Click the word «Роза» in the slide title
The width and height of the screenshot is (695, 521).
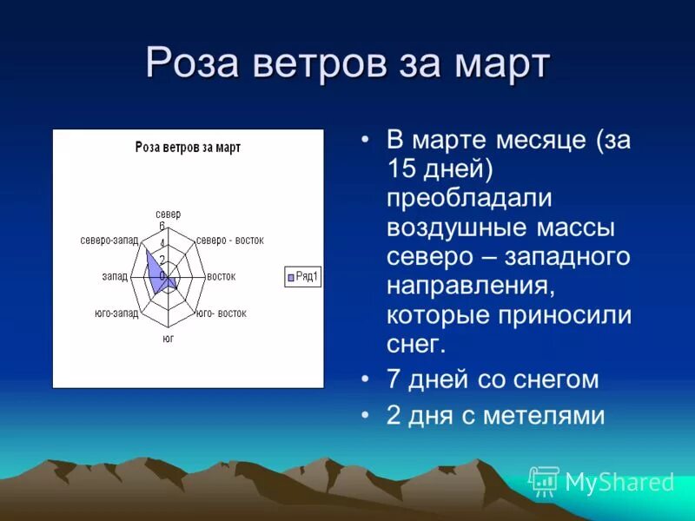[x=192, y=63]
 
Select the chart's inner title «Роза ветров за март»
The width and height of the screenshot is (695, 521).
[x=188, y=148]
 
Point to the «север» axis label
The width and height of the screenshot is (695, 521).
[x=168, y=214]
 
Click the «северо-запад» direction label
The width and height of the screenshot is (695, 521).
[x=109, y=241]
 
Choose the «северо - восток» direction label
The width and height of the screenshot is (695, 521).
[x=229, y=241]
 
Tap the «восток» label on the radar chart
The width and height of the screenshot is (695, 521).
[x=222, y=276]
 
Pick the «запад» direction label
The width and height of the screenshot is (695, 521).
[x=115, y=276]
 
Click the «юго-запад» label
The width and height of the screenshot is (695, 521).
[x=116, y=313]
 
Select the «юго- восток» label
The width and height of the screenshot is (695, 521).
[x=222, y=313]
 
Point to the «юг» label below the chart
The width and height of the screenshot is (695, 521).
[x=169, y=339]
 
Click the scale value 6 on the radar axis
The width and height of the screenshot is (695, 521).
[x=162, y=226]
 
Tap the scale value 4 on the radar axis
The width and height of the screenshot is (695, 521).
[x=162, y=243]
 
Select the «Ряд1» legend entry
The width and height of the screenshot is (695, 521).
[x=302, y=277]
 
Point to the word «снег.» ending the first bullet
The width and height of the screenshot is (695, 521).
[x=416, y=343]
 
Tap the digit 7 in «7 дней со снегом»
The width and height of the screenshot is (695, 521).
[x=394, y=379]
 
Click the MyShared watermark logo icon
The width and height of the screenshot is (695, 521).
[x=544, y=481]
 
